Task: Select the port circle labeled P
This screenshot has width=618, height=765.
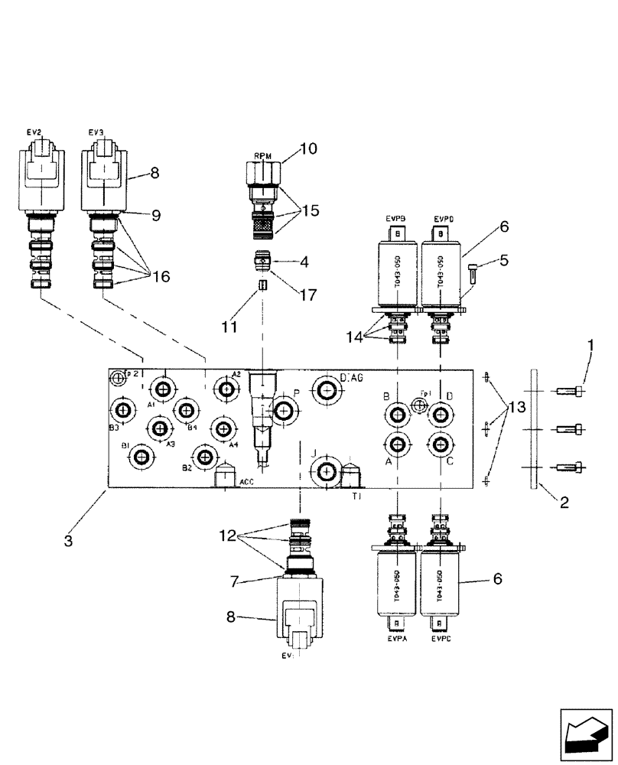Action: click(x=285, y=412)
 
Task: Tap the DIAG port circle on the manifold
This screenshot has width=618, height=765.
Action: click(x=327, y=390)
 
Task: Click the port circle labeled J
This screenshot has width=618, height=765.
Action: click(x=327, y=472)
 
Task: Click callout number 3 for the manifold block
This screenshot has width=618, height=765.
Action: click(x=68, y=541)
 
